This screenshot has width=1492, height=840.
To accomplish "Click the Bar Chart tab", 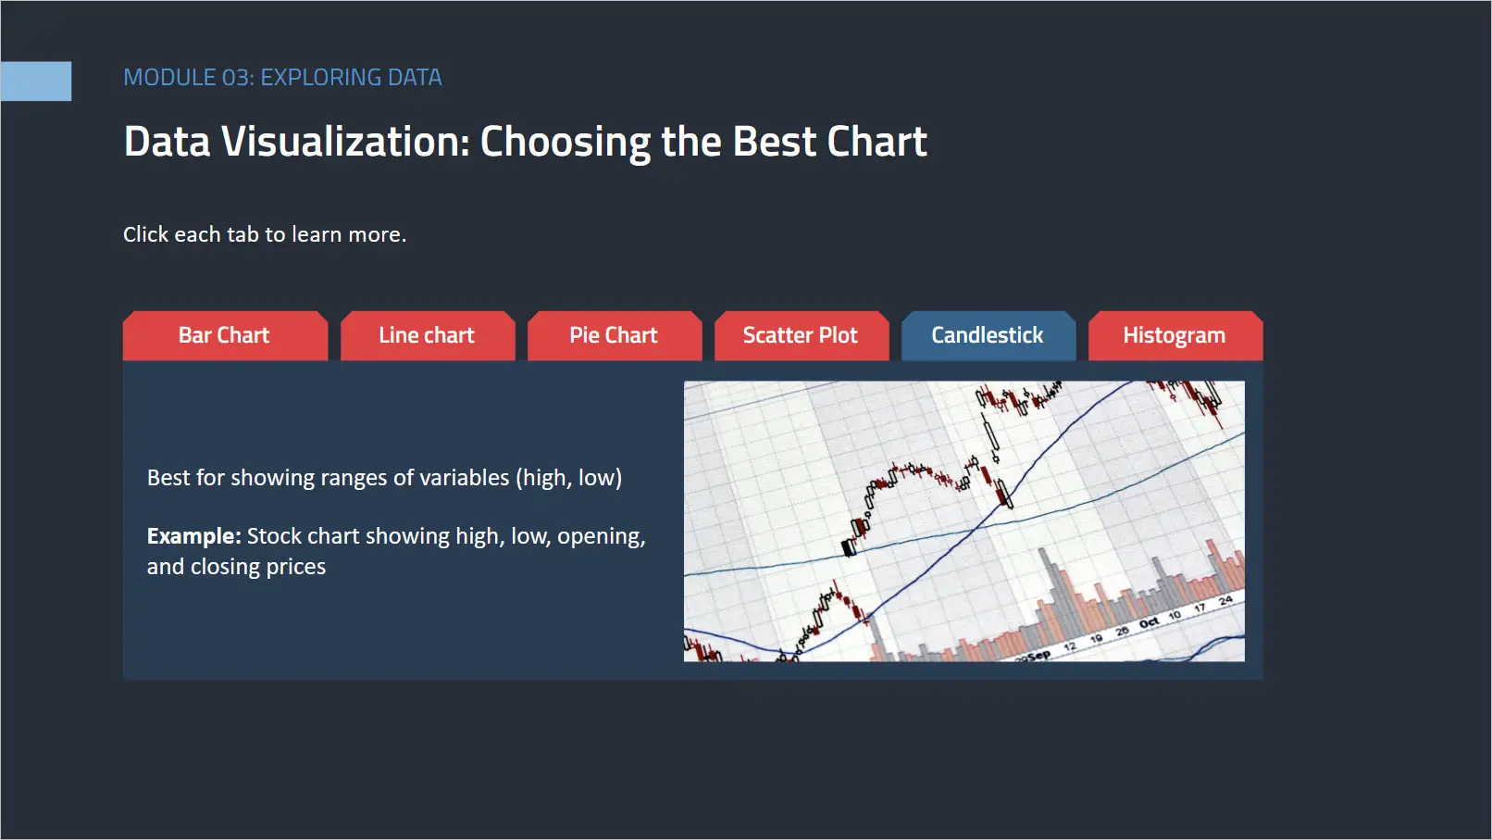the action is click(225, 335).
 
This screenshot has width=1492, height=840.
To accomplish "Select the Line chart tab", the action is click(428, 335).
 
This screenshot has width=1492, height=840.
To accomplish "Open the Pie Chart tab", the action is click(615, 335).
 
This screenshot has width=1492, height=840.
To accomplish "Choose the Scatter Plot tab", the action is click(802, 335).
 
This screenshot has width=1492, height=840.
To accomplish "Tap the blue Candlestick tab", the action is click(988, 335).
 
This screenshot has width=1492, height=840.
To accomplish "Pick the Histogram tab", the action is click(1175, 335).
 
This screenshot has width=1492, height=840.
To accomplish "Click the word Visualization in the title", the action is click(345, 142).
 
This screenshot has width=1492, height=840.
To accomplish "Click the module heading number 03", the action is click(236, 78).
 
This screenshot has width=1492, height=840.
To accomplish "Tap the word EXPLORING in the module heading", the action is click(320, 78).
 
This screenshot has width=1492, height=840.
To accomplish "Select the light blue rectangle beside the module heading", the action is click(36, 81).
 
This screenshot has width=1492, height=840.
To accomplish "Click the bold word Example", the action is click(193, 536).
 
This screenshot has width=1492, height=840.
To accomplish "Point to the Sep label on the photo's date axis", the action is click(1039, 656).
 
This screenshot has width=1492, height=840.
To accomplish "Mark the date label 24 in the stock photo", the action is click(1225, 601).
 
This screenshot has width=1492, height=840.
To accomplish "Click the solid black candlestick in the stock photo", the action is click(849, 547).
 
